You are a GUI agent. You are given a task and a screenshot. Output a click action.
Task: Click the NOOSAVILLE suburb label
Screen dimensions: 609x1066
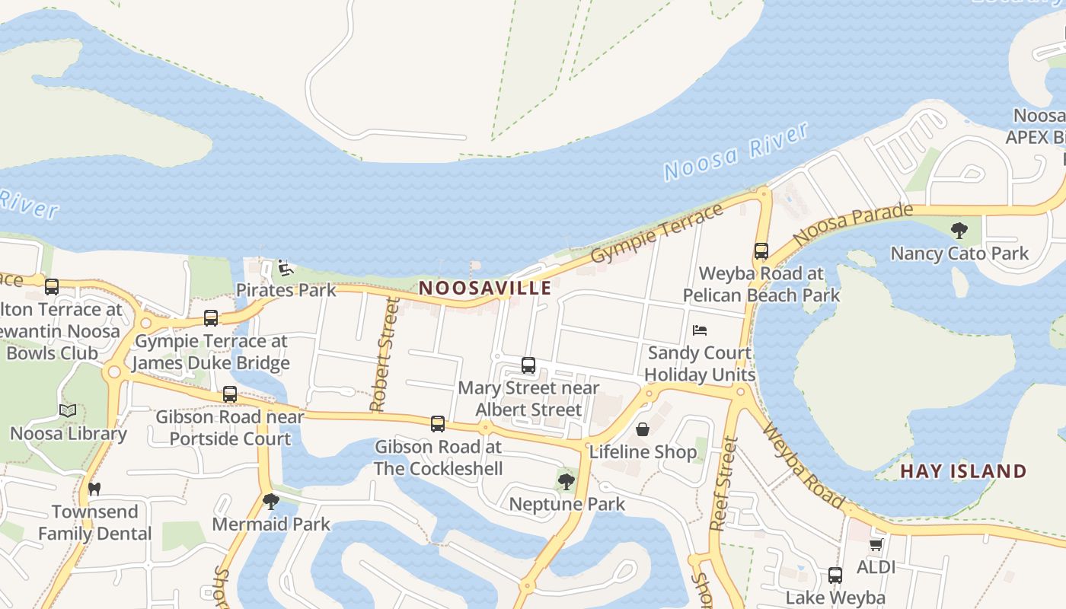coord(485,288)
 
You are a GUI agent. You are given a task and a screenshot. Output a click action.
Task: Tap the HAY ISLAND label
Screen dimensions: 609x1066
coord(963,470)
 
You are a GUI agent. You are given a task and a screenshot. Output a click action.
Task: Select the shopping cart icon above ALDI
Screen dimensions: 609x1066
coord(876,545)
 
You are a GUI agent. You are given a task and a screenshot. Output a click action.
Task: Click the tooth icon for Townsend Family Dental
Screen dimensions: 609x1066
coord(94,489)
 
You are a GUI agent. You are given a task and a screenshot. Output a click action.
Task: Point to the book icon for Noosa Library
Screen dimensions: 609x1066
coord(68,411)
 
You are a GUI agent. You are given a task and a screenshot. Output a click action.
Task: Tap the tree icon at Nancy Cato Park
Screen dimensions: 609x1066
coord(959,230)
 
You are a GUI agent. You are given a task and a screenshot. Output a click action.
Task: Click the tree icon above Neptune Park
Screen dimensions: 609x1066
coord(566,481)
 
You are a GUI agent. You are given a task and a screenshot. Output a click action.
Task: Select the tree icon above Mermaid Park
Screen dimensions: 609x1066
coord(270,501)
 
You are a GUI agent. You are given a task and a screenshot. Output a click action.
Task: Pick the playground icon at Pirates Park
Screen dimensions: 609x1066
coord(284,267)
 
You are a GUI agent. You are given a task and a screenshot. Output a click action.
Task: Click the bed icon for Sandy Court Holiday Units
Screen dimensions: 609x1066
coord(700,330)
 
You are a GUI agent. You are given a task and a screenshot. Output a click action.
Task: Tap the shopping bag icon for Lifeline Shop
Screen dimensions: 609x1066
coord(643,429)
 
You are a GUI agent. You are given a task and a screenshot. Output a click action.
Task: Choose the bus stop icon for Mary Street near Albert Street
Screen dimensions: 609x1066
coord(528,365)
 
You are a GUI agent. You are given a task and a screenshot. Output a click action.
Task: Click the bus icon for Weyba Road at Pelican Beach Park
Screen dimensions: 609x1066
coord(761,250)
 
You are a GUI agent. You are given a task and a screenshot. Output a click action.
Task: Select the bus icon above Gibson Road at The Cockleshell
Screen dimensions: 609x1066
coord(438,424)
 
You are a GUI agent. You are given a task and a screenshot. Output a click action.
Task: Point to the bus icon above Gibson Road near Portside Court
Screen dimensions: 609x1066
coord(230,394)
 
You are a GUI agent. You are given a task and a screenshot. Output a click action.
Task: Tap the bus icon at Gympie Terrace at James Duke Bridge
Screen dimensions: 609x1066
coord(211,318)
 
